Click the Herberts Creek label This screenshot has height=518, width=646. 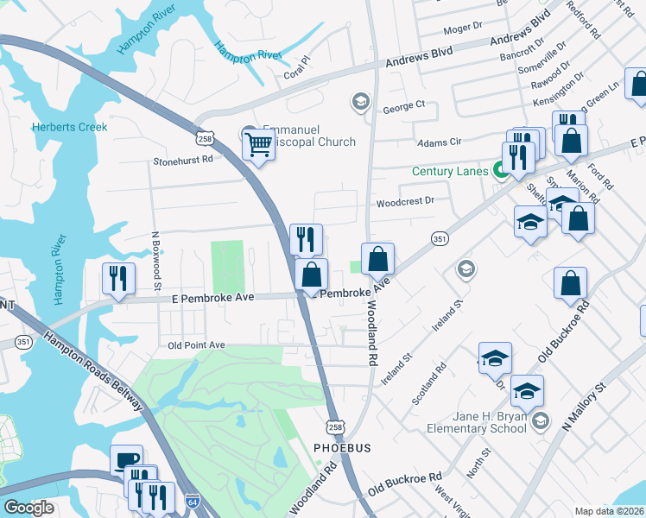(x=70, y=127)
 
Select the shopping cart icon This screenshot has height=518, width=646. (x=258, y=145)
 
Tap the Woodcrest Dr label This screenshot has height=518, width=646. (x=404, y=202)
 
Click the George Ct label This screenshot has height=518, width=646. (x=404, y=106)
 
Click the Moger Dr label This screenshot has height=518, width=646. (x=462, y=28)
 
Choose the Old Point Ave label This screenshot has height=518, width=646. (x=196, y=345)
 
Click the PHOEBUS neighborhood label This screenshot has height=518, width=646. (x=341, y=448)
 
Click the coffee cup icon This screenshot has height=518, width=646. (x=127, y=459)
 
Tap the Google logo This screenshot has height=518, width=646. (x=29, y=508)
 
